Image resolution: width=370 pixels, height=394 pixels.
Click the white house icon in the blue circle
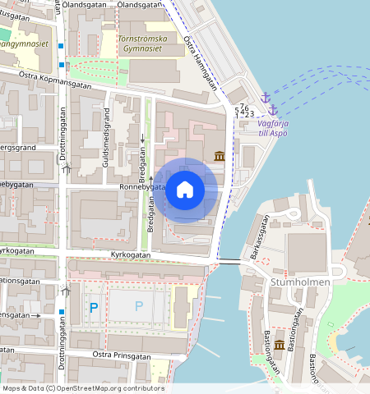[x=185, y=190]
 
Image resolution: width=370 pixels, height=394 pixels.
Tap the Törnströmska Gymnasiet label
[x=149, y=44]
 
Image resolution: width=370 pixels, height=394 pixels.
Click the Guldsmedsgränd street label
[x=105, y=148]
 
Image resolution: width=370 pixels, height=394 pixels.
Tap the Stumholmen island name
[x=299, y=282]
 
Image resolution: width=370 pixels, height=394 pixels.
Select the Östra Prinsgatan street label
[x=121, y=355]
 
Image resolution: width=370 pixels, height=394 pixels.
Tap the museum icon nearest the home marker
[x=220, y=156]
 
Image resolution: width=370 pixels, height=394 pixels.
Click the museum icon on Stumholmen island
[x=280, y=345]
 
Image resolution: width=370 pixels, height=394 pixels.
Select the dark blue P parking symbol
[x=94, y=307]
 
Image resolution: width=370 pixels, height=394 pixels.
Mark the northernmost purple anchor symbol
[x=266, y=98]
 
